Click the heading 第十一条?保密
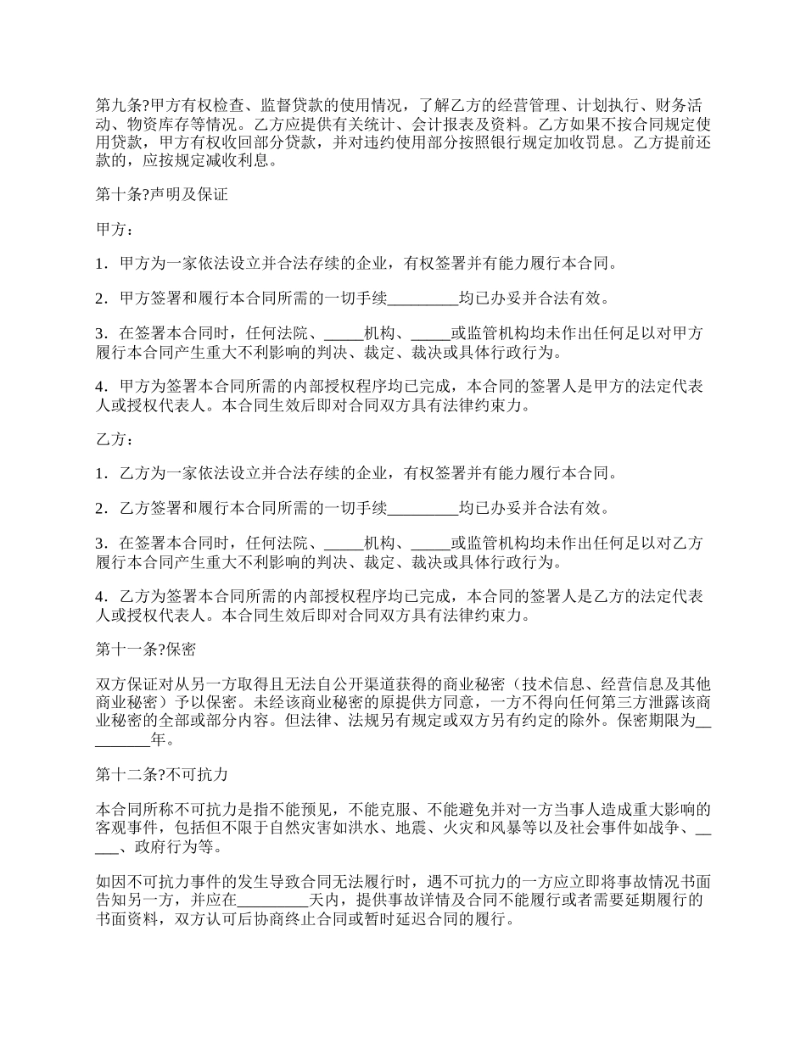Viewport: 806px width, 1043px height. (146, 650)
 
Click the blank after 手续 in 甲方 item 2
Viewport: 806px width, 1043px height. (423, 298)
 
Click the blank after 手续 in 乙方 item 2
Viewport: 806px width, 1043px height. (423, 509)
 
